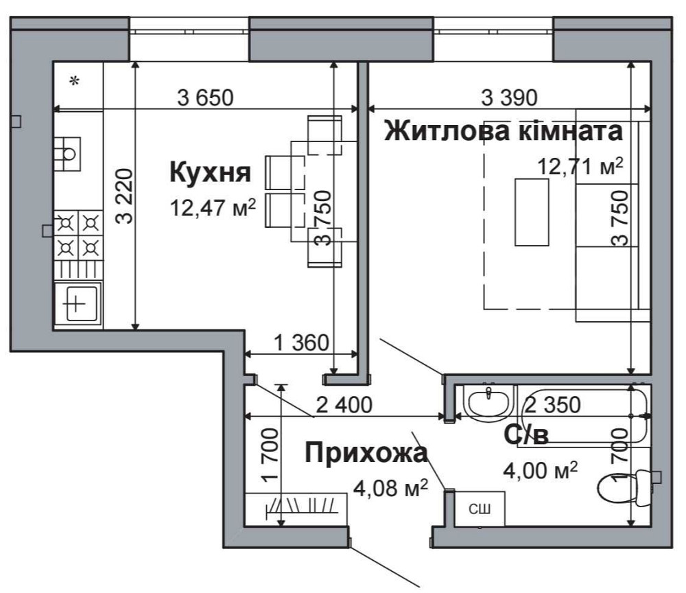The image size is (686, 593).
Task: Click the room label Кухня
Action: click(209, 173)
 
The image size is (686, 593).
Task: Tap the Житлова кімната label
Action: click(504, 130)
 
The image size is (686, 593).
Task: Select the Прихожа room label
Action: click(366, 453)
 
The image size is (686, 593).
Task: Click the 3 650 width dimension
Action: click(205, 97)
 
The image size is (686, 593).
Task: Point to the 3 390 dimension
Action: click(508, 97)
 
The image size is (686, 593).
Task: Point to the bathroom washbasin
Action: click(488, 400)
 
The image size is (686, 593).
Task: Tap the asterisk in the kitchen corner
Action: click(75, 82)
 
